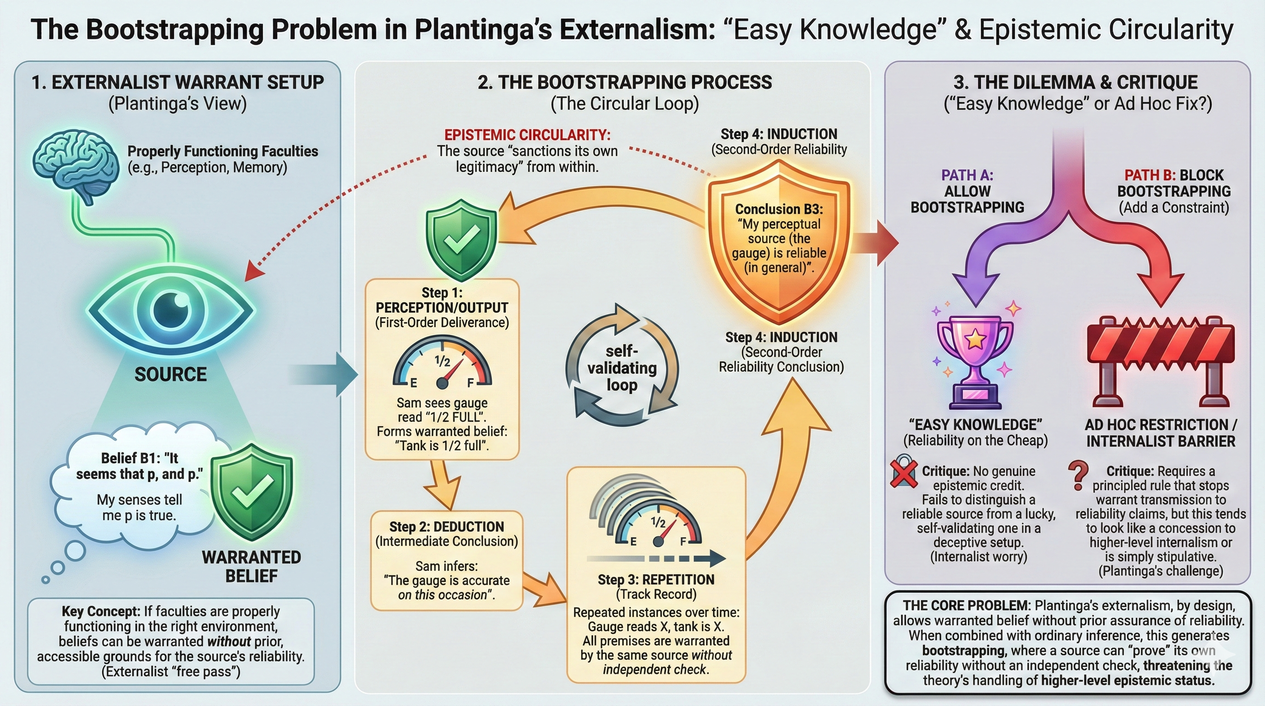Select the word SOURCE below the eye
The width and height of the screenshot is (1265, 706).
171,375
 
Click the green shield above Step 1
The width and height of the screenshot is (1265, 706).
461,239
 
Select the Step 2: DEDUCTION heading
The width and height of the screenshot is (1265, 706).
446,527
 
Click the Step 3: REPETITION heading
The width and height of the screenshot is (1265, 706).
655,580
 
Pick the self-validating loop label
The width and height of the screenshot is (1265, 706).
621,368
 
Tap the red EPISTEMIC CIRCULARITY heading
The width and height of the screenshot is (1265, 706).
527,135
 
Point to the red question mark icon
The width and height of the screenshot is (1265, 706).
1078,475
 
